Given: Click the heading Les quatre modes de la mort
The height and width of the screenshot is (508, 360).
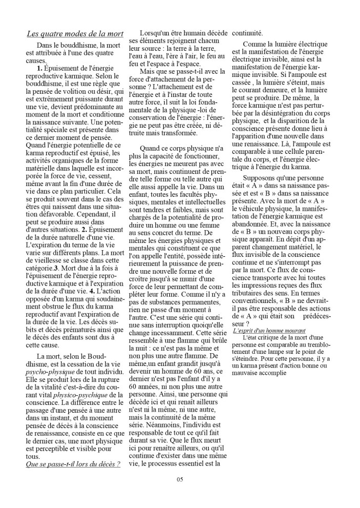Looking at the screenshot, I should point(75,34).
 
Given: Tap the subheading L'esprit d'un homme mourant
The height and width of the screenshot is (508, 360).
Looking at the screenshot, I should point(272,331).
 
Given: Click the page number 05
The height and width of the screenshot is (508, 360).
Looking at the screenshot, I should point(179,479).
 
